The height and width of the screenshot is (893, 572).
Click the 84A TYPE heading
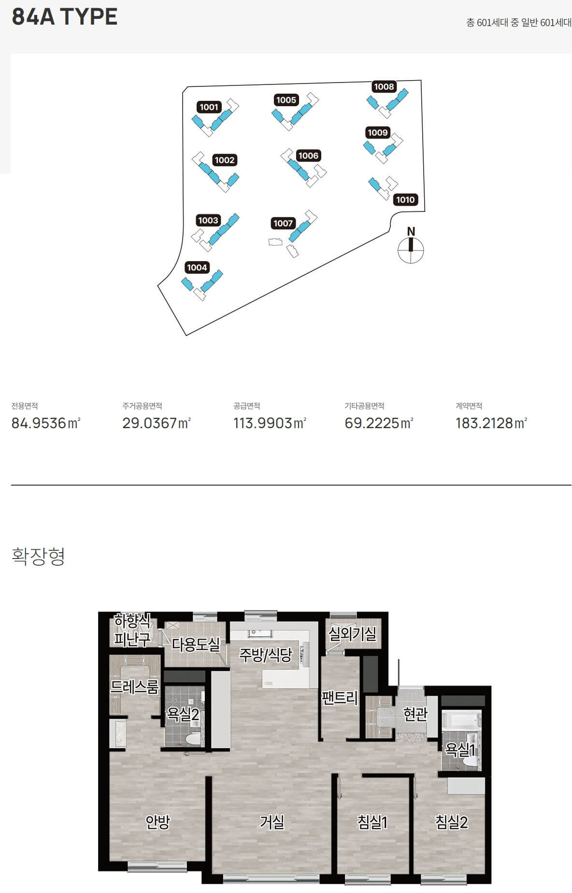65,16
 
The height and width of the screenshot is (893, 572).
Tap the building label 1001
209,107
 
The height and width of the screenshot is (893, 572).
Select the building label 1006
308,155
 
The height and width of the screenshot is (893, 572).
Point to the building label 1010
405,200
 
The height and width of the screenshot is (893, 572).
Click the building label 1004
197,267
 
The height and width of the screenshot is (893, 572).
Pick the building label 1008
384,86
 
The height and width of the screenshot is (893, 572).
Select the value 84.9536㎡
46,423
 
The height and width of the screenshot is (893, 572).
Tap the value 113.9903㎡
270,423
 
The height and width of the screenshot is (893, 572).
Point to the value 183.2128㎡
491,423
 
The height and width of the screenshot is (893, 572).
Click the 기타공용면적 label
364,406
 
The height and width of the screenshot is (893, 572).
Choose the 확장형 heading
38,556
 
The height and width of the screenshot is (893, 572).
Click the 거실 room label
272,822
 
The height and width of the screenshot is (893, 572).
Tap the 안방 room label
158,822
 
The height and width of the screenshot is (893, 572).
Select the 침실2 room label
452,822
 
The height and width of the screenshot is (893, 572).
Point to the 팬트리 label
340,698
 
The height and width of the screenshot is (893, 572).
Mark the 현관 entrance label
415,714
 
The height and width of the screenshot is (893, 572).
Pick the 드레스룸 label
134,687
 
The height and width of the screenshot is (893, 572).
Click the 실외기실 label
353,634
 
